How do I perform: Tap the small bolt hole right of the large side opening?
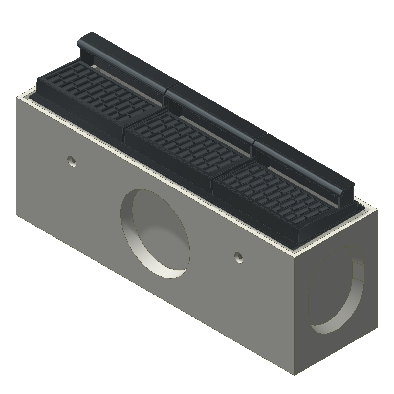click(239, 257)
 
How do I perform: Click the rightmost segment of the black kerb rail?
click(305, 158)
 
